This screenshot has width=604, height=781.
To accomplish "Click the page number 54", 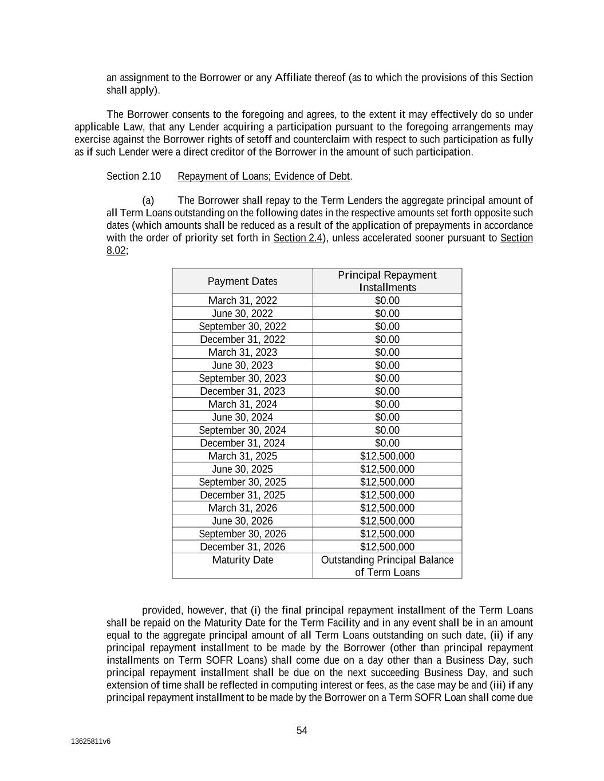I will [x=302, y=731].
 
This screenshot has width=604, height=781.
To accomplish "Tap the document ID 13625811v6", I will [x=90, y=742].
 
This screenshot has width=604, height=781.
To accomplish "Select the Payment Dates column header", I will [x=242, y=282].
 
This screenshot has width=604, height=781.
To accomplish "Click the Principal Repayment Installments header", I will [x=387, y=282].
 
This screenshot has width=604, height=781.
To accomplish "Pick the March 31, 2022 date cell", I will [x=242, y=301].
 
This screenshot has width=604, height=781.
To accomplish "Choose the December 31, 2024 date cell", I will [x=242, y=443].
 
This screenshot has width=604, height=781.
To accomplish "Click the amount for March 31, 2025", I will [x=387, y=457].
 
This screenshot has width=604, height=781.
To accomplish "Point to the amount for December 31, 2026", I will [x=387, y=547].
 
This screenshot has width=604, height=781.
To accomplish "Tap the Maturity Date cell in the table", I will [x=242, y=560].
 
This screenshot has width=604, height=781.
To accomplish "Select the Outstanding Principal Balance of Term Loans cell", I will [x=387, y=566].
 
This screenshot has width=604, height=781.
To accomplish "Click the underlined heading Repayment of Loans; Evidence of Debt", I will [x=263, y=176].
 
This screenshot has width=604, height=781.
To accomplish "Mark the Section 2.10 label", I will [x=133, y=176].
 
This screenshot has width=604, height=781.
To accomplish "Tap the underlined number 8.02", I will [x=116, y=251].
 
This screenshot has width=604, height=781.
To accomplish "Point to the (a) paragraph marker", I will [x=148, y=201].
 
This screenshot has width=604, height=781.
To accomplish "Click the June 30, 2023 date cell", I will [x=242, y=366].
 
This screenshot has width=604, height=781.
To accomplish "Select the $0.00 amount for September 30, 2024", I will [x=387, y=430].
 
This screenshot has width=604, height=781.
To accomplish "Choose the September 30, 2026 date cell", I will [x=242, y=534].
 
